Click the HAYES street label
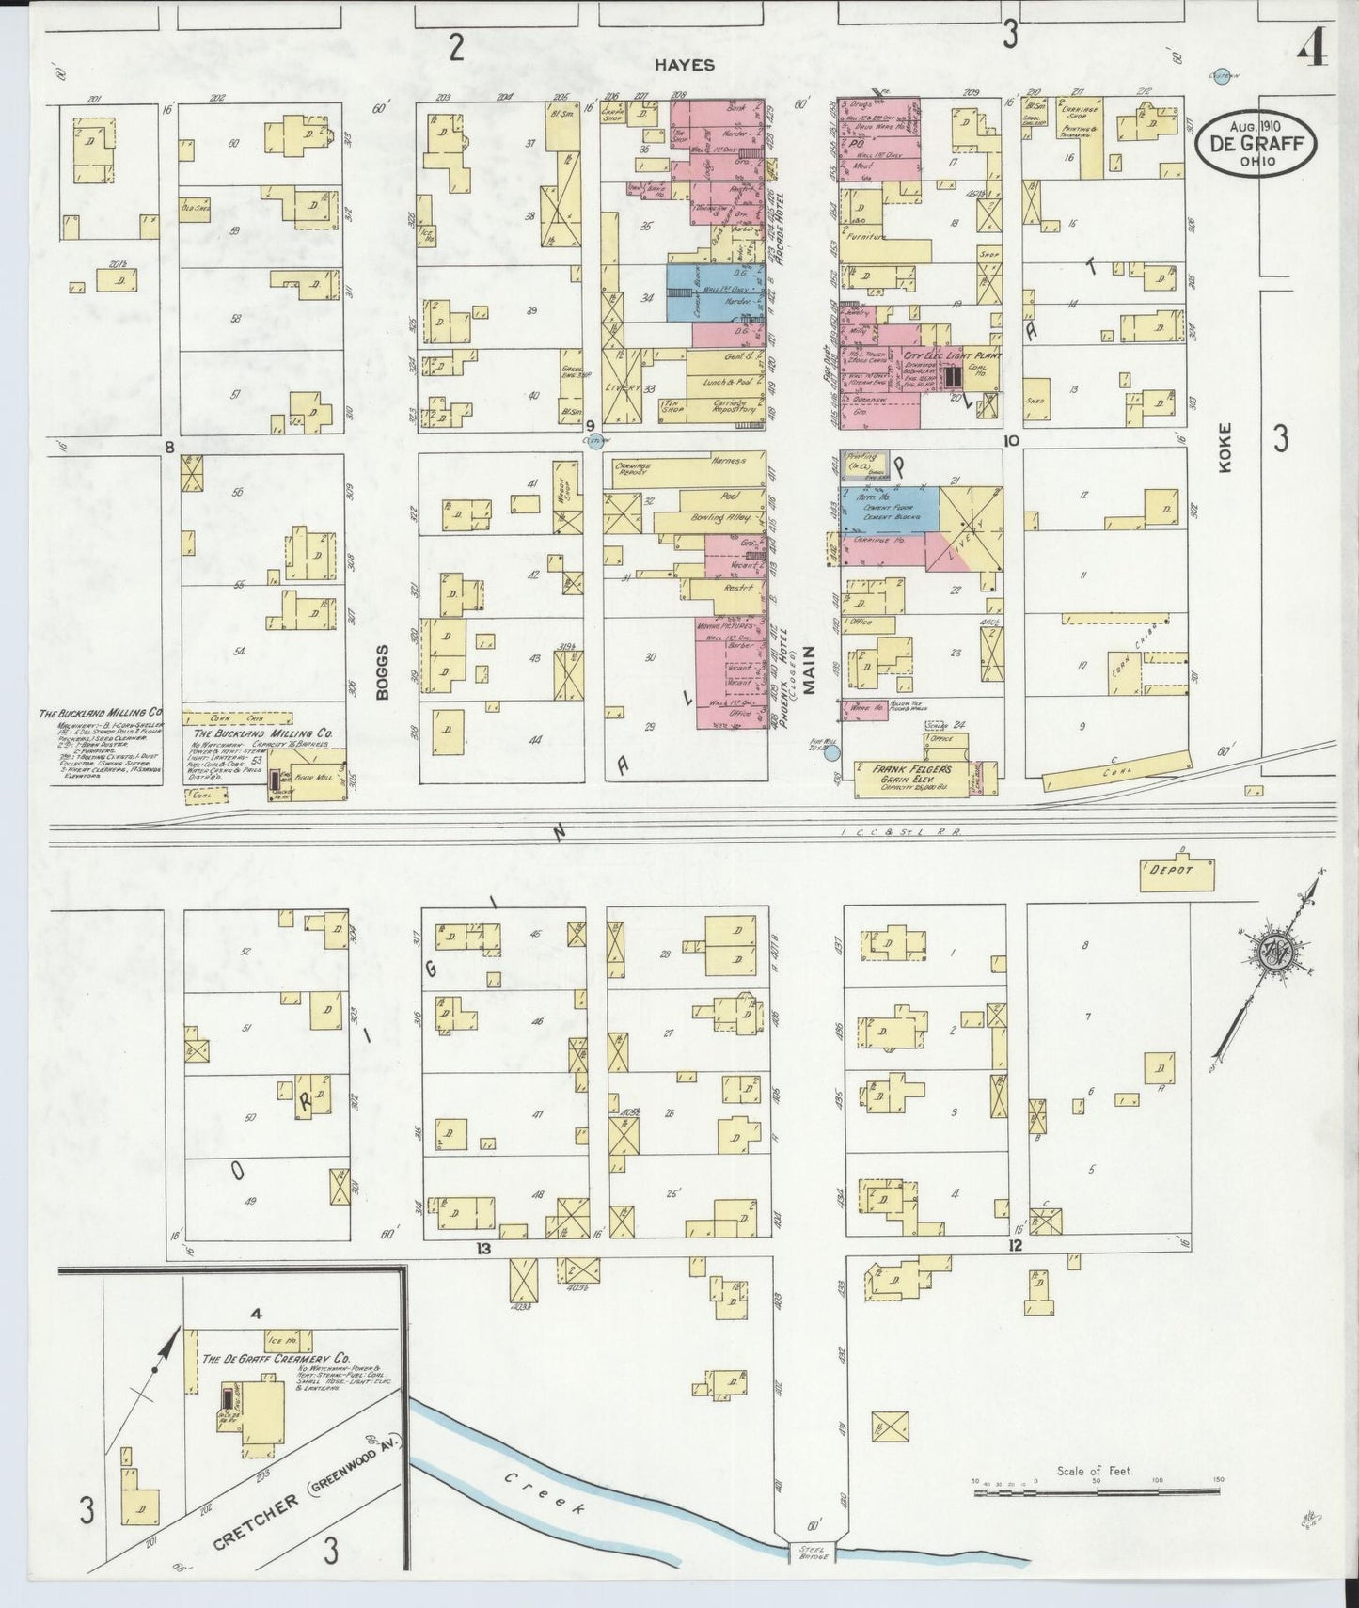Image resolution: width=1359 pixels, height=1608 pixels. [x=685, y=65]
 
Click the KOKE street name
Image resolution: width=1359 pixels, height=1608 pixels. [x=1224, y=449]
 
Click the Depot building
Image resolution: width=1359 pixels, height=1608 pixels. [x=1177, y=873]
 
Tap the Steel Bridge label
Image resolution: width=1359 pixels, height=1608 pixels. [x=813, y=1554]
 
